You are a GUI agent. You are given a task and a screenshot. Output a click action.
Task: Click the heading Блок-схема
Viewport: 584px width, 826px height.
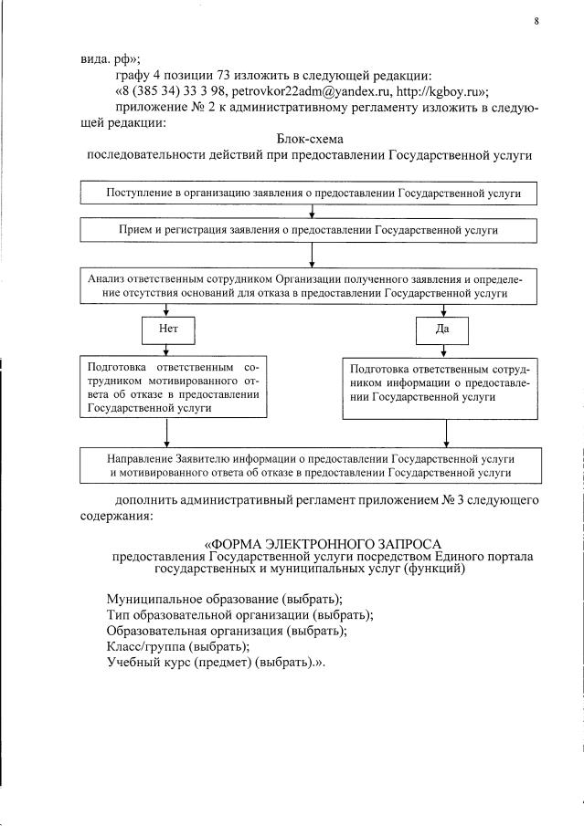coord(308,139)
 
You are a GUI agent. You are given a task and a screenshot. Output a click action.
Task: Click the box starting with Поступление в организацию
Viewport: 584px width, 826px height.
coord(308,194)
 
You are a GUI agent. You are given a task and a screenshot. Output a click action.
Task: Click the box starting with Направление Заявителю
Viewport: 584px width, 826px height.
coord(308,465)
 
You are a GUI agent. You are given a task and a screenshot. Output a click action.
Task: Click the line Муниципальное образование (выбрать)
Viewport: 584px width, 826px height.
coord(224,599)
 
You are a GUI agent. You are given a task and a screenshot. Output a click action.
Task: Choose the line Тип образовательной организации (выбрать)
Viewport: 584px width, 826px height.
coord(239,614)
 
